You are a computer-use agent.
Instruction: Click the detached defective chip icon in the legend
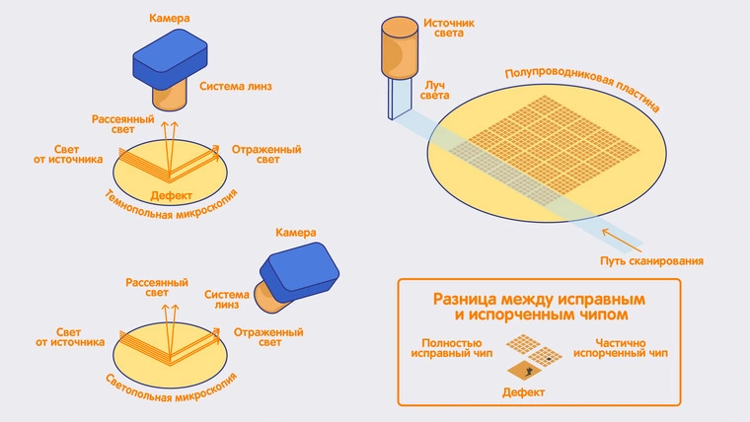coord(531,370)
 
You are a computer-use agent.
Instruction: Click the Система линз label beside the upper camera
coord(236,86)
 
